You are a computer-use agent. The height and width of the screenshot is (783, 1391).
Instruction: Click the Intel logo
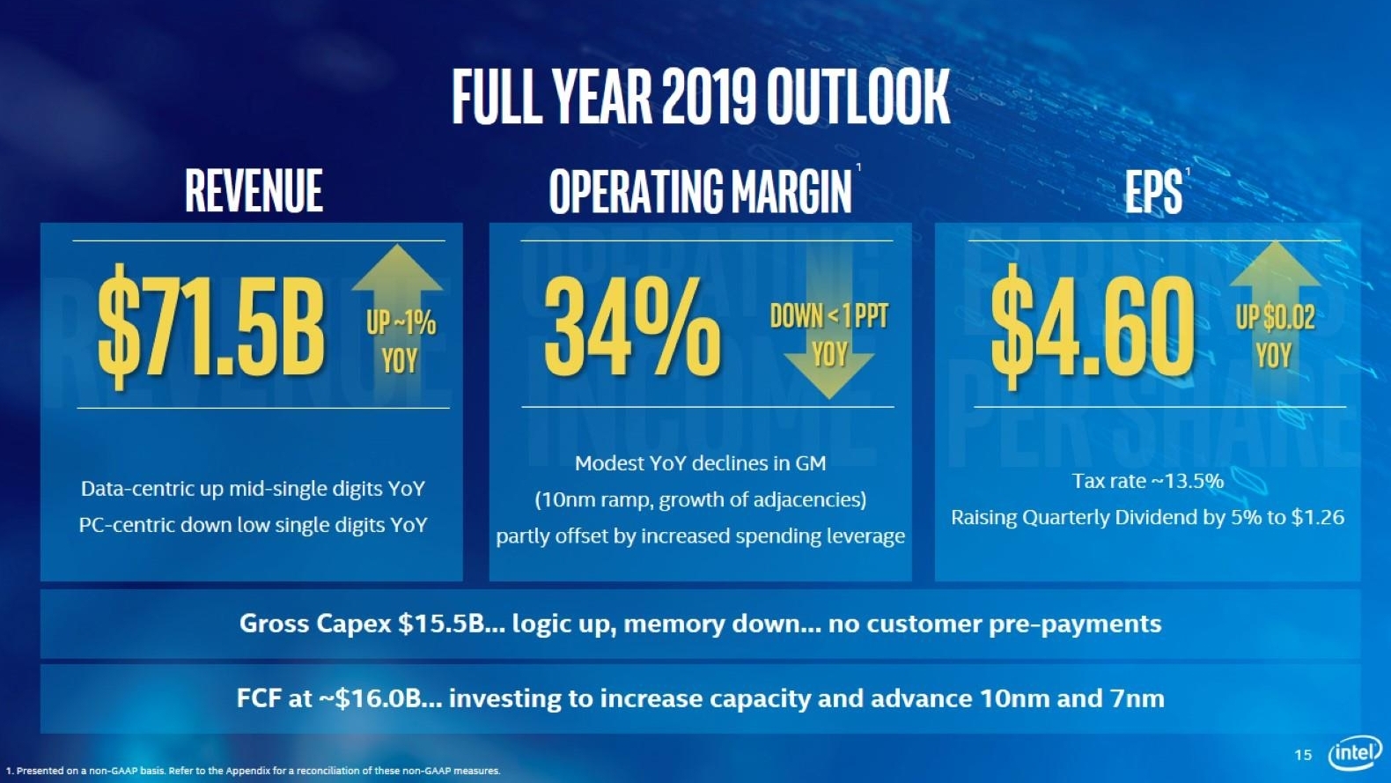[x=1355, y=753]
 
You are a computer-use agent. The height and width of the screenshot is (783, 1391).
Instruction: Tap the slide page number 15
[x=1303, y=755]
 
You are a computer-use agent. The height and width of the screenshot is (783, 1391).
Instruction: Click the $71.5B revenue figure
[x=211, y=326]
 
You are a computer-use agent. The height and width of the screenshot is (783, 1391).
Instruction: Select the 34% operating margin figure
[x=632, y=326]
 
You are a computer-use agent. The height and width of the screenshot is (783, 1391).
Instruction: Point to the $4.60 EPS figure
[x=1093, y=326]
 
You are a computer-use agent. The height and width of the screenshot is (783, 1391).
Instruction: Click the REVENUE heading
[x=254, y=191]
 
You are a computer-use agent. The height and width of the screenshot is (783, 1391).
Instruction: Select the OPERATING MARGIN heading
[x=700, y=191]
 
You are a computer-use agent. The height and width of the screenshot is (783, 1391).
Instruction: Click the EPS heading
[x=1152, y=191]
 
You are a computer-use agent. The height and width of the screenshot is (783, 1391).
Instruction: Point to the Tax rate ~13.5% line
[x=1147, y=481]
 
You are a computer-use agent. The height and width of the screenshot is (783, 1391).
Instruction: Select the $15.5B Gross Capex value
[x=441, y=624]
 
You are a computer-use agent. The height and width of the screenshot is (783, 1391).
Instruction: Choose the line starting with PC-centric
[x=253, y=525]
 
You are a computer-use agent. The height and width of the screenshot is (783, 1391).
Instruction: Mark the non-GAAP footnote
[x=254, y=771]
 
